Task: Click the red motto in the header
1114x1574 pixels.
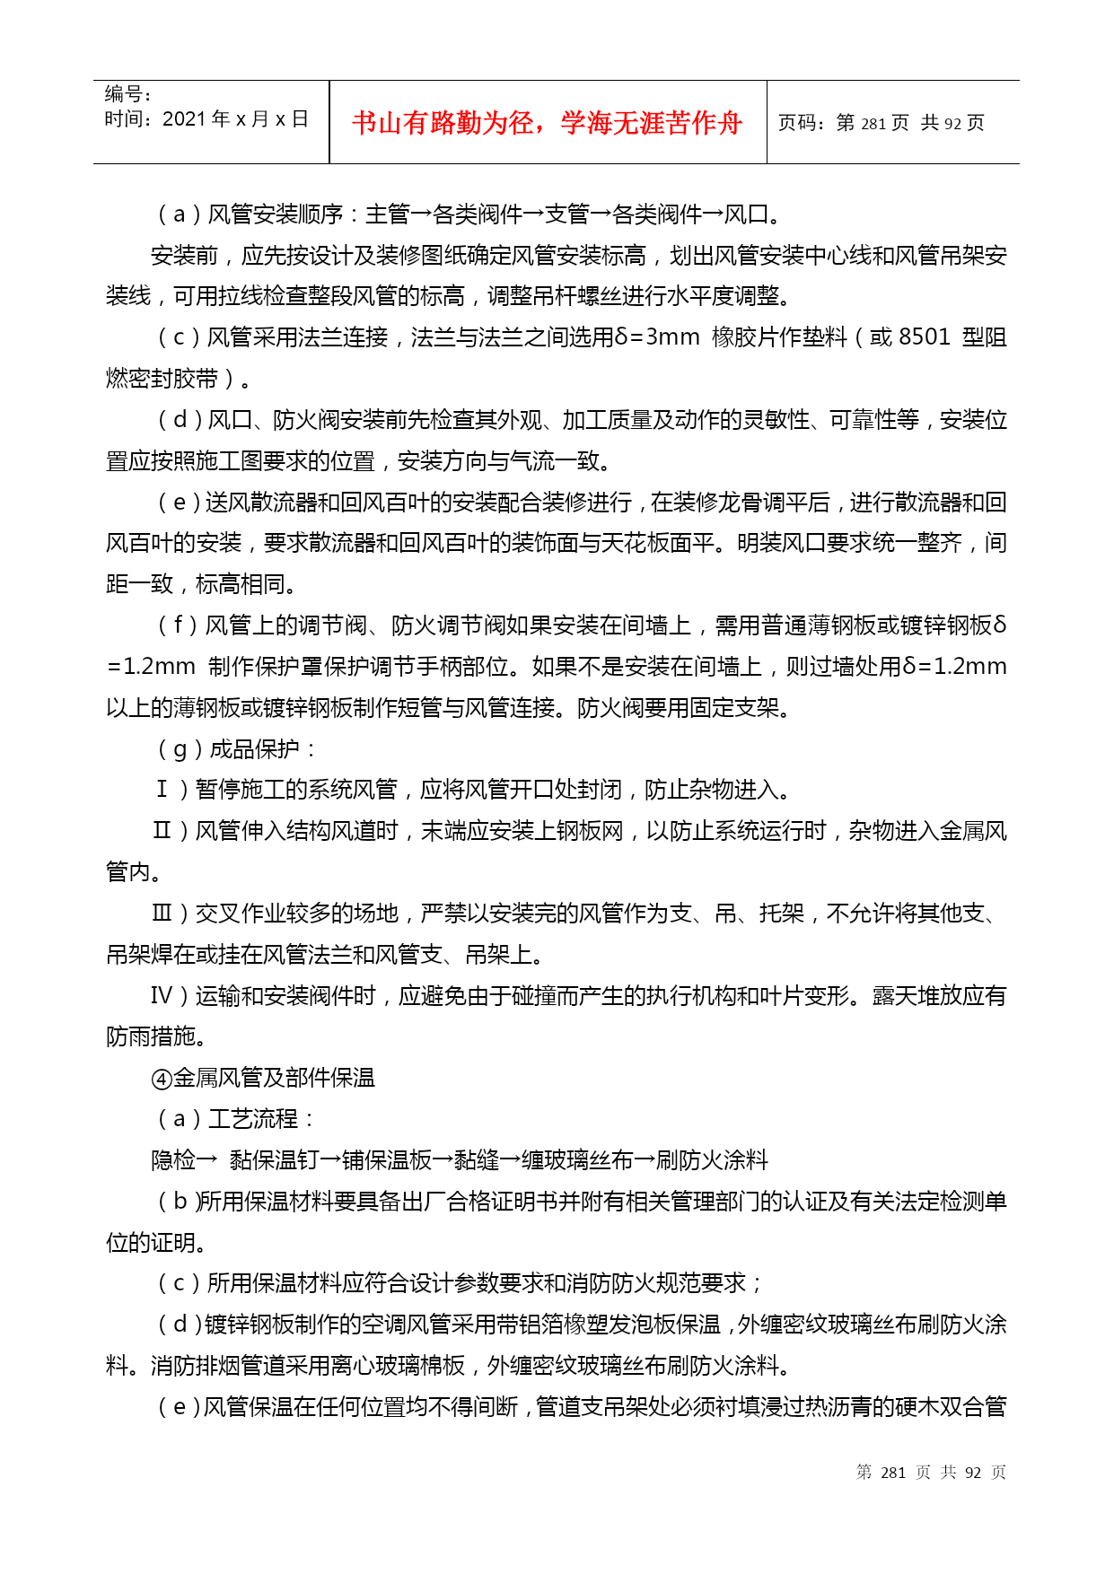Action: (547, 123)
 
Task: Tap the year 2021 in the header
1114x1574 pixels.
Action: (184, 119)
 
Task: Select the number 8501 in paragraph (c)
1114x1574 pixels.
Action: (924, 337)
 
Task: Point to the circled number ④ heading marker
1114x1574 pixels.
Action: (162, 1079)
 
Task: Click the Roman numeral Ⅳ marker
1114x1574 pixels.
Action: (162, 996)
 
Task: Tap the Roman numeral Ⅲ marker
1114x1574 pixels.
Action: (162, 914)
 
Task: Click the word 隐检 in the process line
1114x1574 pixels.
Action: (173, 1160)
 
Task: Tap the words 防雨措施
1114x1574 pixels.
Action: (151, 1037)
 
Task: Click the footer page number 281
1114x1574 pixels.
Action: (893, 1473)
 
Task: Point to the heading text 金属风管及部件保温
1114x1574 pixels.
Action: (274, 1079)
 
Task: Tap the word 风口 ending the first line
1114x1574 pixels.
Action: (746, 214)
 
